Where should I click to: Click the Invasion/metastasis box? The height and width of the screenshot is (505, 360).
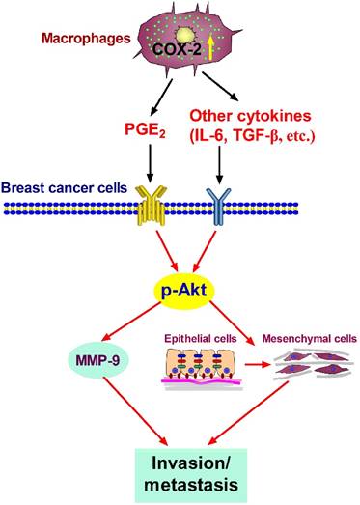(180, 467)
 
